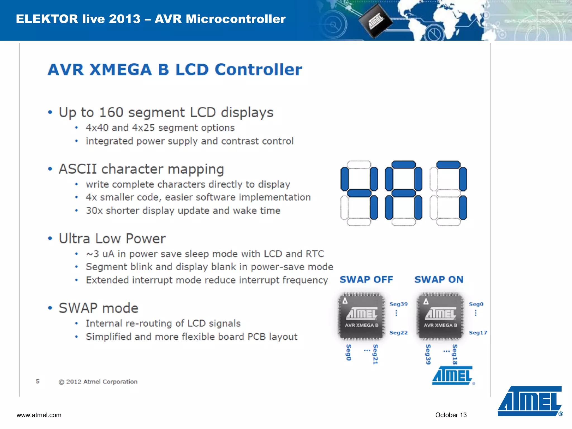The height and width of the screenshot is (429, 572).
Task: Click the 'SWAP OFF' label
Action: pyautogui.click(x=366, y=280)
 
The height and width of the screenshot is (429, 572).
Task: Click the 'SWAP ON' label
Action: pyautogui.click(x=439, y=280)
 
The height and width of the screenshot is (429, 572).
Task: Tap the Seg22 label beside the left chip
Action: pyautogui.click(x=399, y=333)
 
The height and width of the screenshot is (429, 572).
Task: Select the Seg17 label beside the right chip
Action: pyautogui.click(x=478, y=333)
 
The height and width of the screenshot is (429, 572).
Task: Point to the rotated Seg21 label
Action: pyautogui.click(x=375, y=354)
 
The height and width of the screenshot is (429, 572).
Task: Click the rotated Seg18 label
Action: pyautogui.click(x=455, y=354)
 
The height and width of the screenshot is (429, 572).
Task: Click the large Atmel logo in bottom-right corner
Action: pyautogui.click(x=530, y=401)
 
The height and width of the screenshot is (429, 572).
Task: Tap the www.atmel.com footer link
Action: pyautogui.click(x=39, y=415)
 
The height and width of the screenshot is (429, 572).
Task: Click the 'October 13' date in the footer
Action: pyautogui.click(x=451, y=415)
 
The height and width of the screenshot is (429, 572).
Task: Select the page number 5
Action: pyautogui.click(x=38, y=381)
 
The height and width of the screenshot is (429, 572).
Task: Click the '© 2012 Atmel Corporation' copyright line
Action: pyautogui.click(x=98, y=382)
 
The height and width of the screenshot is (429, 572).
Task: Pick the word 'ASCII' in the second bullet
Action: pyautogui.click(x=78, y=169)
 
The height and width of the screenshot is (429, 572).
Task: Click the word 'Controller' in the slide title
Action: pyautogui.click(x=258, y=70)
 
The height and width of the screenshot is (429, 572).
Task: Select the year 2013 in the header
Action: pyautogui.click(x=125, y=19)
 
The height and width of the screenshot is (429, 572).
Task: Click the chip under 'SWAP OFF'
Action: pyautogui.click(x=361, y=316)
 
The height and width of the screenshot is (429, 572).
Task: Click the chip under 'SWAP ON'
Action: pyautogui.click(x=440, y=316)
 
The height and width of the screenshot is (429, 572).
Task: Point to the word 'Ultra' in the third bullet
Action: pyautogui.click(x=75, y=239)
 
